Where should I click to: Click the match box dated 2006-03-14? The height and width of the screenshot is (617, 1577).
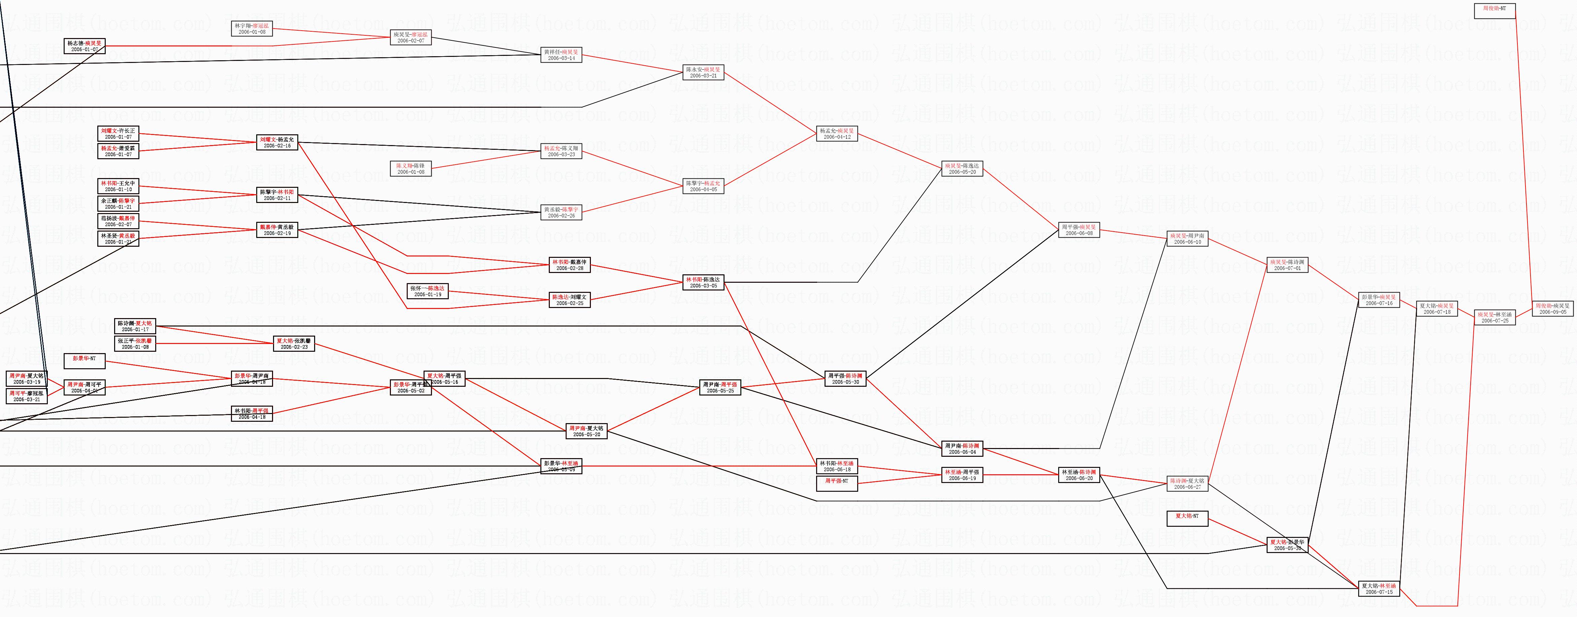click(x=561, y=55)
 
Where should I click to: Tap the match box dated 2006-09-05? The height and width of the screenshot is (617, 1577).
click(x=1552, y=308)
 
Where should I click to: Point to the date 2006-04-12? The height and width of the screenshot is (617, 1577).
click(x=837, y=137)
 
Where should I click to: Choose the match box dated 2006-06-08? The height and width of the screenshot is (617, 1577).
click(x=1079, y=230)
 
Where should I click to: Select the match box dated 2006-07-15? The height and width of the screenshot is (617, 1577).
click(x=1379, y=589)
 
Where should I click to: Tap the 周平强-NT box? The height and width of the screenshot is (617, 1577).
click(x=837, y=484)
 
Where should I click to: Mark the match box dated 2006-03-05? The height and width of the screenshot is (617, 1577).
click(x=703, y=283)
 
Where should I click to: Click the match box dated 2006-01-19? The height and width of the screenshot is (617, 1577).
click(x=427, y=292)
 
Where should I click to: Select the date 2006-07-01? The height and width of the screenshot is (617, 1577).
click(x=1287, y=268)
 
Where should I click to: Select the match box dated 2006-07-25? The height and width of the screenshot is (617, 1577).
click(x=1495, y=318)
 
